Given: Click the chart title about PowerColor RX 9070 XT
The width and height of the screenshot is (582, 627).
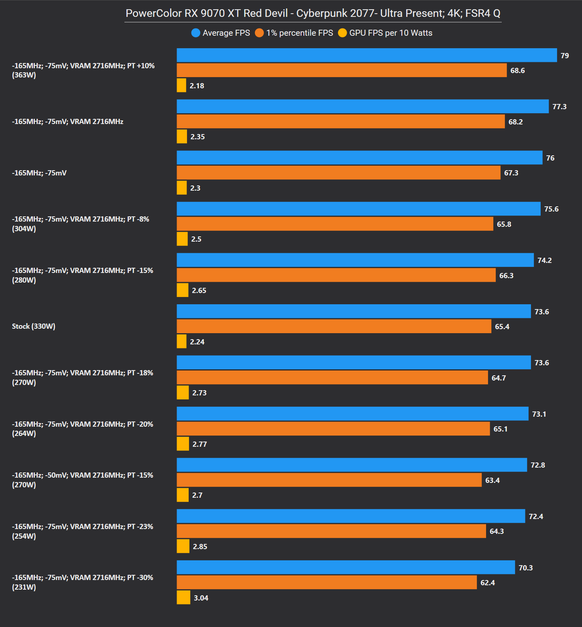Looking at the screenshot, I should click(x=313, y=13).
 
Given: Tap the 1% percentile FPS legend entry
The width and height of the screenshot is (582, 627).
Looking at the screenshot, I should click(x=294, y=33).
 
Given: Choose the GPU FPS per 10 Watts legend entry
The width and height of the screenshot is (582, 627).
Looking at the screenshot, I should click(x=385, y=33).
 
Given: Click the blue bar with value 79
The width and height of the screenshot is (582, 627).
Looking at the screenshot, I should click(x=366, y=55).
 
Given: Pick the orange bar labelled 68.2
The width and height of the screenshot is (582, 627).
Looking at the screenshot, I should click(x=340, y=122).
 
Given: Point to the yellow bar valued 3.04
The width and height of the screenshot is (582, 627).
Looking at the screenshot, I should click(x=183, y=597).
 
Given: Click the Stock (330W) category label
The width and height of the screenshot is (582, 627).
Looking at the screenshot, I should click(x=34, y=326).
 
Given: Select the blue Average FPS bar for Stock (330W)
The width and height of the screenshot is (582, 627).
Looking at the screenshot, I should click(x=354, y=311).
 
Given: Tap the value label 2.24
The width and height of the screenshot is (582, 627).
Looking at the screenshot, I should click(x=197, y=342).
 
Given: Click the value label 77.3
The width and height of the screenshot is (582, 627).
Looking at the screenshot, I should click(x=559, y=107).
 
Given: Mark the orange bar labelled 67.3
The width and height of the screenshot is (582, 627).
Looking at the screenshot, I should click(x=338, y=173).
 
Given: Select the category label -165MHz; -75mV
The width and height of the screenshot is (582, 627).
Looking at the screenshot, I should click(x=39, y=173).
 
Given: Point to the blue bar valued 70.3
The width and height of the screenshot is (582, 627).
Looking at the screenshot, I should click(x=346, y=568).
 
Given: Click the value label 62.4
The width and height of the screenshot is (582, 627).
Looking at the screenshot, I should click(x=487, y=583).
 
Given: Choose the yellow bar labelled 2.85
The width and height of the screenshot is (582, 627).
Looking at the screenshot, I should click(x=183, y=546).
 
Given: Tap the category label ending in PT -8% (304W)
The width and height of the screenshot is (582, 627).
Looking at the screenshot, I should click(x=80, y=224).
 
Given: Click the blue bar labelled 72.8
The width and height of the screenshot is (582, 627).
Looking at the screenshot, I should click(x=352, y=465).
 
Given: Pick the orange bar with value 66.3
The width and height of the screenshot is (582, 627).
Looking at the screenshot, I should click(x=336, y=275).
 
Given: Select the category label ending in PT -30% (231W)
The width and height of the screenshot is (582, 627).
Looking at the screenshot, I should click(x=82, y=582).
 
